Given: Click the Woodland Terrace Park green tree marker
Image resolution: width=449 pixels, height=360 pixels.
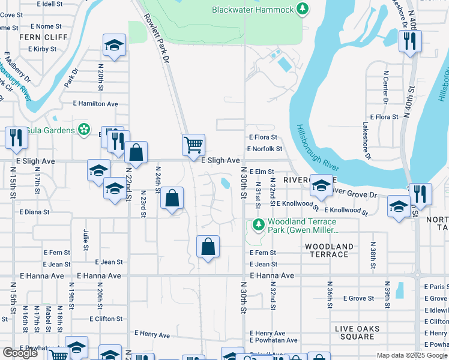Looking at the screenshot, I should (258, 225).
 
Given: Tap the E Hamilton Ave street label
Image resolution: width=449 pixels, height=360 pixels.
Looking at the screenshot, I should (95, 104).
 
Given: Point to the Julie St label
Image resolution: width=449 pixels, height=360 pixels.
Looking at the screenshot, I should (86, 239).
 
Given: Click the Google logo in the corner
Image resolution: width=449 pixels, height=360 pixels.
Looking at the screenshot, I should (20, 353).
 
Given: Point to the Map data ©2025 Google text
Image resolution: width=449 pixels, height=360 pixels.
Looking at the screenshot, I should (412, 355).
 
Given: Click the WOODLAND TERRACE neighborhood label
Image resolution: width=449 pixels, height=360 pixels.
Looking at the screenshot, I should (328, 250).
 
